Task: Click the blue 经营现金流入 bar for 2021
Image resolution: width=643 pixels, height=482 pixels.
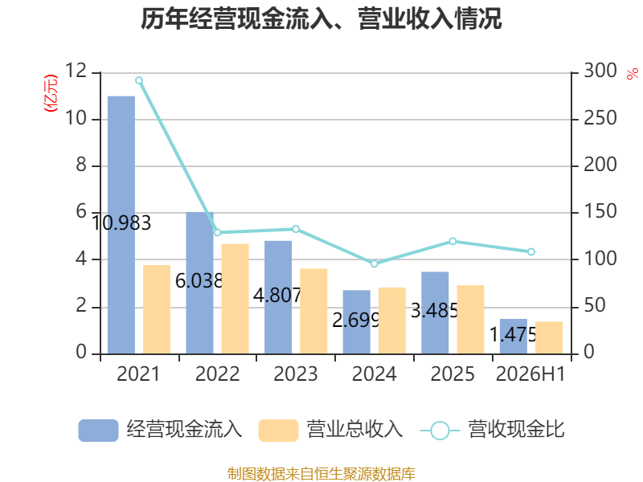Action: (x=121, y=225)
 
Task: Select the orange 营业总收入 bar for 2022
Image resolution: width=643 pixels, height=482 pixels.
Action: (x=235, y=299)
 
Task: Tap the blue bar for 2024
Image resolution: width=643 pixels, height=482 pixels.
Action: (x=357, y=322)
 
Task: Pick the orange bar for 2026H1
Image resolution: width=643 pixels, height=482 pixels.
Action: (x=549, y=337)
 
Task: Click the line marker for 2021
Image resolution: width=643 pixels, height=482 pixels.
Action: (x=139, y=80)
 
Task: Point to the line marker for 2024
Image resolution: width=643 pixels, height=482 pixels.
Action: (x=375, y=263)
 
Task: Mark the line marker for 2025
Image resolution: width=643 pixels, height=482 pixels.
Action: (x=453, y=242)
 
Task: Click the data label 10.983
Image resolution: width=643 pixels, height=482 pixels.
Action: (x=121, y=223)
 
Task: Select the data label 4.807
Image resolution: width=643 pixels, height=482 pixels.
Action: (x=277, y=295)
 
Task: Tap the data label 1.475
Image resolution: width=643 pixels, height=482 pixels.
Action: (x=513, y=335)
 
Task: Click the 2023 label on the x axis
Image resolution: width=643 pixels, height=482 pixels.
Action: (x=296, y=374)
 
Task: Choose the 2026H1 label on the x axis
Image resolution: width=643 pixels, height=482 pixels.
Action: (x=530, y=374)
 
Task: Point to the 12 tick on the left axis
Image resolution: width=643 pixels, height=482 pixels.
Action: (x=76, y=71)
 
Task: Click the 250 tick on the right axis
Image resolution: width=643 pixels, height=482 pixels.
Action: (x=600, y=118)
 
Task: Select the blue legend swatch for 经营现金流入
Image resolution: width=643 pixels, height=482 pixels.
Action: (x=98, y=431)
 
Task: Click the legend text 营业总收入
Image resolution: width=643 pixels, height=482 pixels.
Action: (x=355, y=430)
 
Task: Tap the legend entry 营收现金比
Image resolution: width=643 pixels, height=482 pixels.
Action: (x=493, y=430)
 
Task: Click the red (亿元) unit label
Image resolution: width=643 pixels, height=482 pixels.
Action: (x=51, y=93)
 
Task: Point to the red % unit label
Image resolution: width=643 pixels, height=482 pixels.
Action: (x=633, y=73)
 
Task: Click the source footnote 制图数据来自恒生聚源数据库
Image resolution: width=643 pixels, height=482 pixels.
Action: (x=321, y=474)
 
